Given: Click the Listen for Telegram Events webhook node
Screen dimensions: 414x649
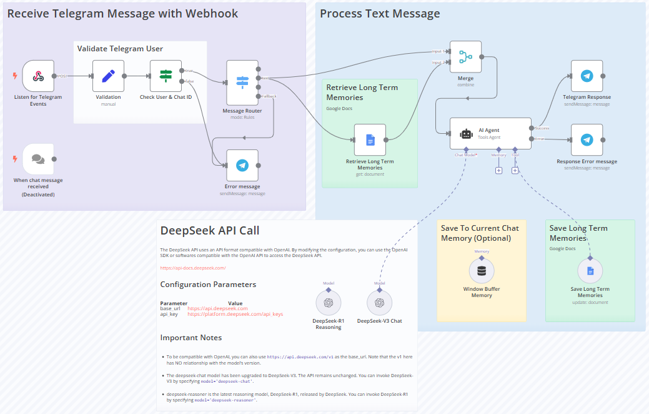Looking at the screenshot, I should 38,76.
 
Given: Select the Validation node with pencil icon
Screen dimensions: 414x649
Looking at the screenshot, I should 108,76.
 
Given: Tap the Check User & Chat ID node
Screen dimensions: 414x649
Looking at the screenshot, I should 166,76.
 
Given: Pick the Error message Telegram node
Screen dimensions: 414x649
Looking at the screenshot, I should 242,165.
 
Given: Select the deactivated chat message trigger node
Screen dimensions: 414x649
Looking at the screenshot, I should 38,159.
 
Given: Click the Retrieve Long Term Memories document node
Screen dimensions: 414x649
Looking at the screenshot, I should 370,140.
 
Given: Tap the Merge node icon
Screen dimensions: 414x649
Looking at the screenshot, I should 465,58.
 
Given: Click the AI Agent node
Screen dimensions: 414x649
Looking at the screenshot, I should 490,133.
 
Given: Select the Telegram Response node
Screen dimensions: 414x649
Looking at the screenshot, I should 587,76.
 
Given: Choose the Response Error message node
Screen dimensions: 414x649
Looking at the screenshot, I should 587,140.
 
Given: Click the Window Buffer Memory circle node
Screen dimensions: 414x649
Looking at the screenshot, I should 481,271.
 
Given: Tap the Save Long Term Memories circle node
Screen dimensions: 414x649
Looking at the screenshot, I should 590,271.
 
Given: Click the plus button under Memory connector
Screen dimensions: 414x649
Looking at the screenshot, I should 498,170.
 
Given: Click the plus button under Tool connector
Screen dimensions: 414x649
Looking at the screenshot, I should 515,170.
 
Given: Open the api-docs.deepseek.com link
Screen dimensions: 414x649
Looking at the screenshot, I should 192,268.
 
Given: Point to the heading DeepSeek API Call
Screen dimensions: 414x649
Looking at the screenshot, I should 210,230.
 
